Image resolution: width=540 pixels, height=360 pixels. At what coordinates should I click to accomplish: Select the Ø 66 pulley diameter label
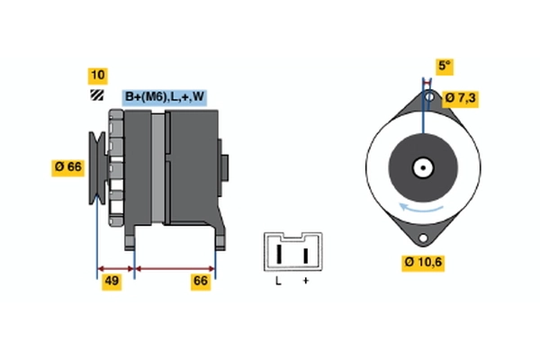pos(68,166)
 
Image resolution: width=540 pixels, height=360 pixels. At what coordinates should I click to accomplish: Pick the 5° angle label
pos(444,66)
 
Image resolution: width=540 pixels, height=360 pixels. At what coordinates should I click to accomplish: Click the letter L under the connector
pos(278,282)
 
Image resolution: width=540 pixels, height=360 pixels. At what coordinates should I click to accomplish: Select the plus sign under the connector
pos(305,282)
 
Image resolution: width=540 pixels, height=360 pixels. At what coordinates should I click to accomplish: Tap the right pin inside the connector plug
pos(306,255)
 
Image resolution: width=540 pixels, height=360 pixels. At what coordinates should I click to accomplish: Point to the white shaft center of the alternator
pos(421,166)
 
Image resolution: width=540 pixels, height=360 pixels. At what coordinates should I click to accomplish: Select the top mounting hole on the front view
pos(429,96)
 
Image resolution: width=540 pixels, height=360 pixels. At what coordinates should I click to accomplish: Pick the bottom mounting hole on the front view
pos(421,237)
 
